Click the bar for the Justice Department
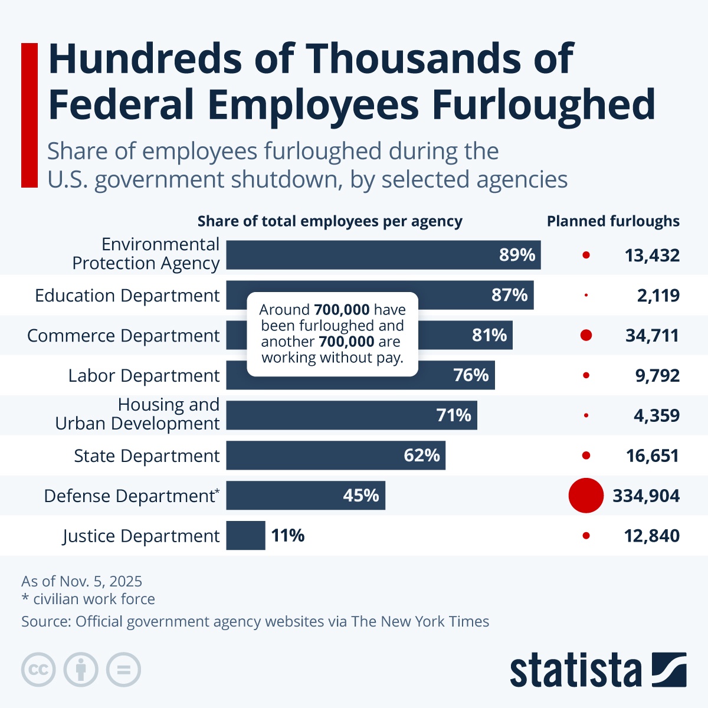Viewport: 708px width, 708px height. tap(245, 536)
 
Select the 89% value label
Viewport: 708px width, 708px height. tap(517, 255)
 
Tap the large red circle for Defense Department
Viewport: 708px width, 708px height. tap(586, 496)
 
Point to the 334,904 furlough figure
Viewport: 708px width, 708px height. tap(646, 496)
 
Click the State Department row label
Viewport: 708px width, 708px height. tap(146, 456)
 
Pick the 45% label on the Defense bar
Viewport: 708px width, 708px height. tap(361, 496)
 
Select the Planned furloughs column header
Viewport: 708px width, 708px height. tap(613, 221)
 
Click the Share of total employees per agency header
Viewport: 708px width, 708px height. tap(330, 221)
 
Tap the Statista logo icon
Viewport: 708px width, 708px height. tap(669, 670)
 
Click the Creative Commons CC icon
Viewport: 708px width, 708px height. tap(38, 670)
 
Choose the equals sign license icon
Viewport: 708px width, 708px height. tap(124, 670)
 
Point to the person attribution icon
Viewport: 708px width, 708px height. tap(81, 670)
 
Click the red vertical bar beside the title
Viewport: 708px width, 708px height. tap(29, 115)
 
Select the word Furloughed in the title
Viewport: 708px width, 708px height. tap(543, 105)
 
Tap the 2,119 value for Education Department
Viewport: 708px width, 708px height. tap(658, 295)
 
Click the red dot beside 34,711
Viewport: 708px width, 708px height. tap(586, 335)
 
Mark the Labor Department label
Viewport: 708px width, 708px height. tap(143, 376)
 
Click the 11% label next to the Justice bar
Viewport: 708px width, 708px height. tap(288, 536)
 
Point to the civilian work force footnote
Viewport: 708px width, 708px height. tap(88, 599)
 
